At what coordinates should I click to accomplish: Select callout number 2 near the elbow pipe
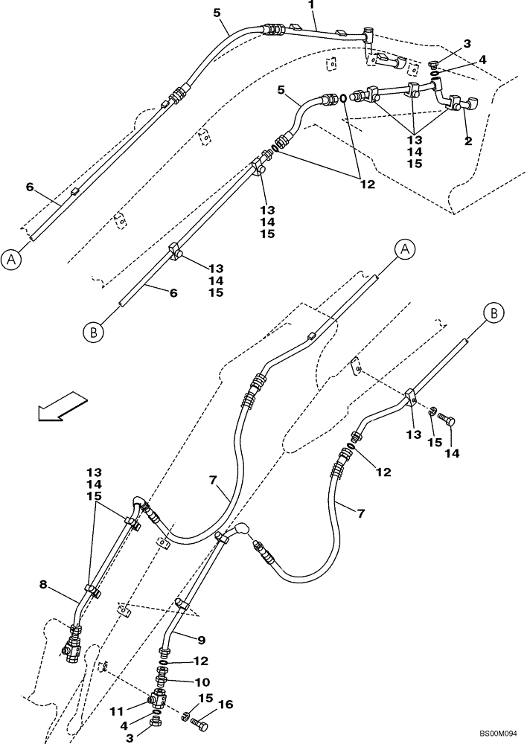click(x=468, y=141)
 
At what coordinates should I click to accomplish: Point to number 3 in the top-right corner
click(x=467, y=44)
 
